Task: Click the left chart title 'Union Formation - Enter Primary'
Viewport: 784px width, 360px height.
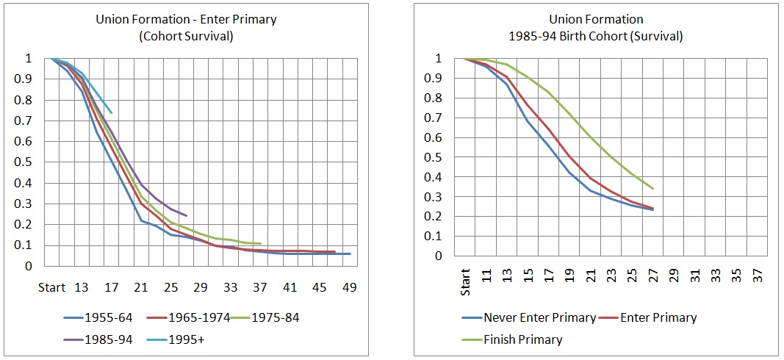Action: click(186, 20)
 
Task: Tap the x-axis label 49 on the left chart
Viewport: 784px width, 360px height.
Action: click(350, 287)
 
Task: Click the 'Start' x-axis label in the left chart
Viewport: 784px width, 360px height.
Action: click(51, 287)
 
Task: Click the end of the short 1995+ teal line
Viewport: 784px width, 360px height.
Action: click(112, 113)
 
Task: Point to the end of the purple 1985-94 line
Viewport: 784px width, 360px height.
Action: click(187, 216)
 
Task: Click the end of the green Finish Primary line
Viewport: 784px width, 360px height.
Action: click(653, 189)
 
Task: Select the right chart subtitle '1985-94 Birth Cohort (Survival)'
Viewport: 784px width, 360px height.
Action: click(601, 35)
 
